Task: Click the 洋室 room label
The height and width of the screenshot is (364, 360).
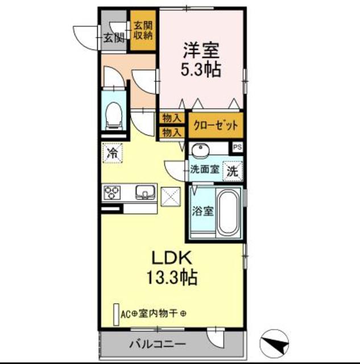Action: point(201,50)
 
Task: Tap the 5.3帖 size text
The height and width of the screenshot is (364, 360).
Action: point(201,69)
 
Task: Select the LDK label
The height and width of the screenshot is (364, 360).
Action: point(172,258)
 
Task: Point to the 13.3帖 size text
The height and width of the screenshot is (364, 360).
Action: point(172,277)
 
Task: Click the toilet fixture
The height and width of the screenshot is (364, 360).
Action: point(114,116)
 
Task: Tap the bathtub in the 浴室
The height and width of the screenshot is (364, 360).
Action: point(229,212)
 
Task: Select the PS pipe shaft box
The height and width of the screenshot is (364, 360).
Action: point(237,147)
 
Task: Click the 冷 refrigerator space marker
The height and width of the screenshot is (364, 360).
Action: point(113,153)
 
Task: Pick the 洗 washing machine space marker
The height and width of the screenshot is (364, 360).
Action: point(233,171)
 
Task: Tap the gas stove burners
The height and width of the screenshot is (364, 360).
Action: point(112,192)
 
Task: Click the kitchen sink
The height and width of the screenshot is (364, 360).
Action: point(146,192)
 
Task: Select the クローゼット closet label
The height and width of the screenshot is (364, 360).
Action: point(216,126)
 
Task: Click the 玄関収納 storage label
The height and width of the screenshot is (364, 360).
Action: point(143,30)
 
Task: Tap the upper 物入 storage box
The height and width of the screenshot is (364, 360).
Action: point(172,118)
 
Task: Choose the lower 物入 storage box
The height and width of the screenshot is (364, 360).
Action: point(172,133)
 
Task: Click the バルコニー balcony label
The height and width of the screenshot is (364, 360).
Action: point(158,344)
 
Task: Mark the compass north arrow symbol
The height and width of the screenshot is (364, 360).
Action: point(274,342)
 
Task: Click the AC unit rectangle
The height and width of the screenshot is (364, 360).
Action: point(116,315)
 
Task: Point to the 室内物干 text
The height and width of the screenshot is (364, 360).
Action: point(159,314)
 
